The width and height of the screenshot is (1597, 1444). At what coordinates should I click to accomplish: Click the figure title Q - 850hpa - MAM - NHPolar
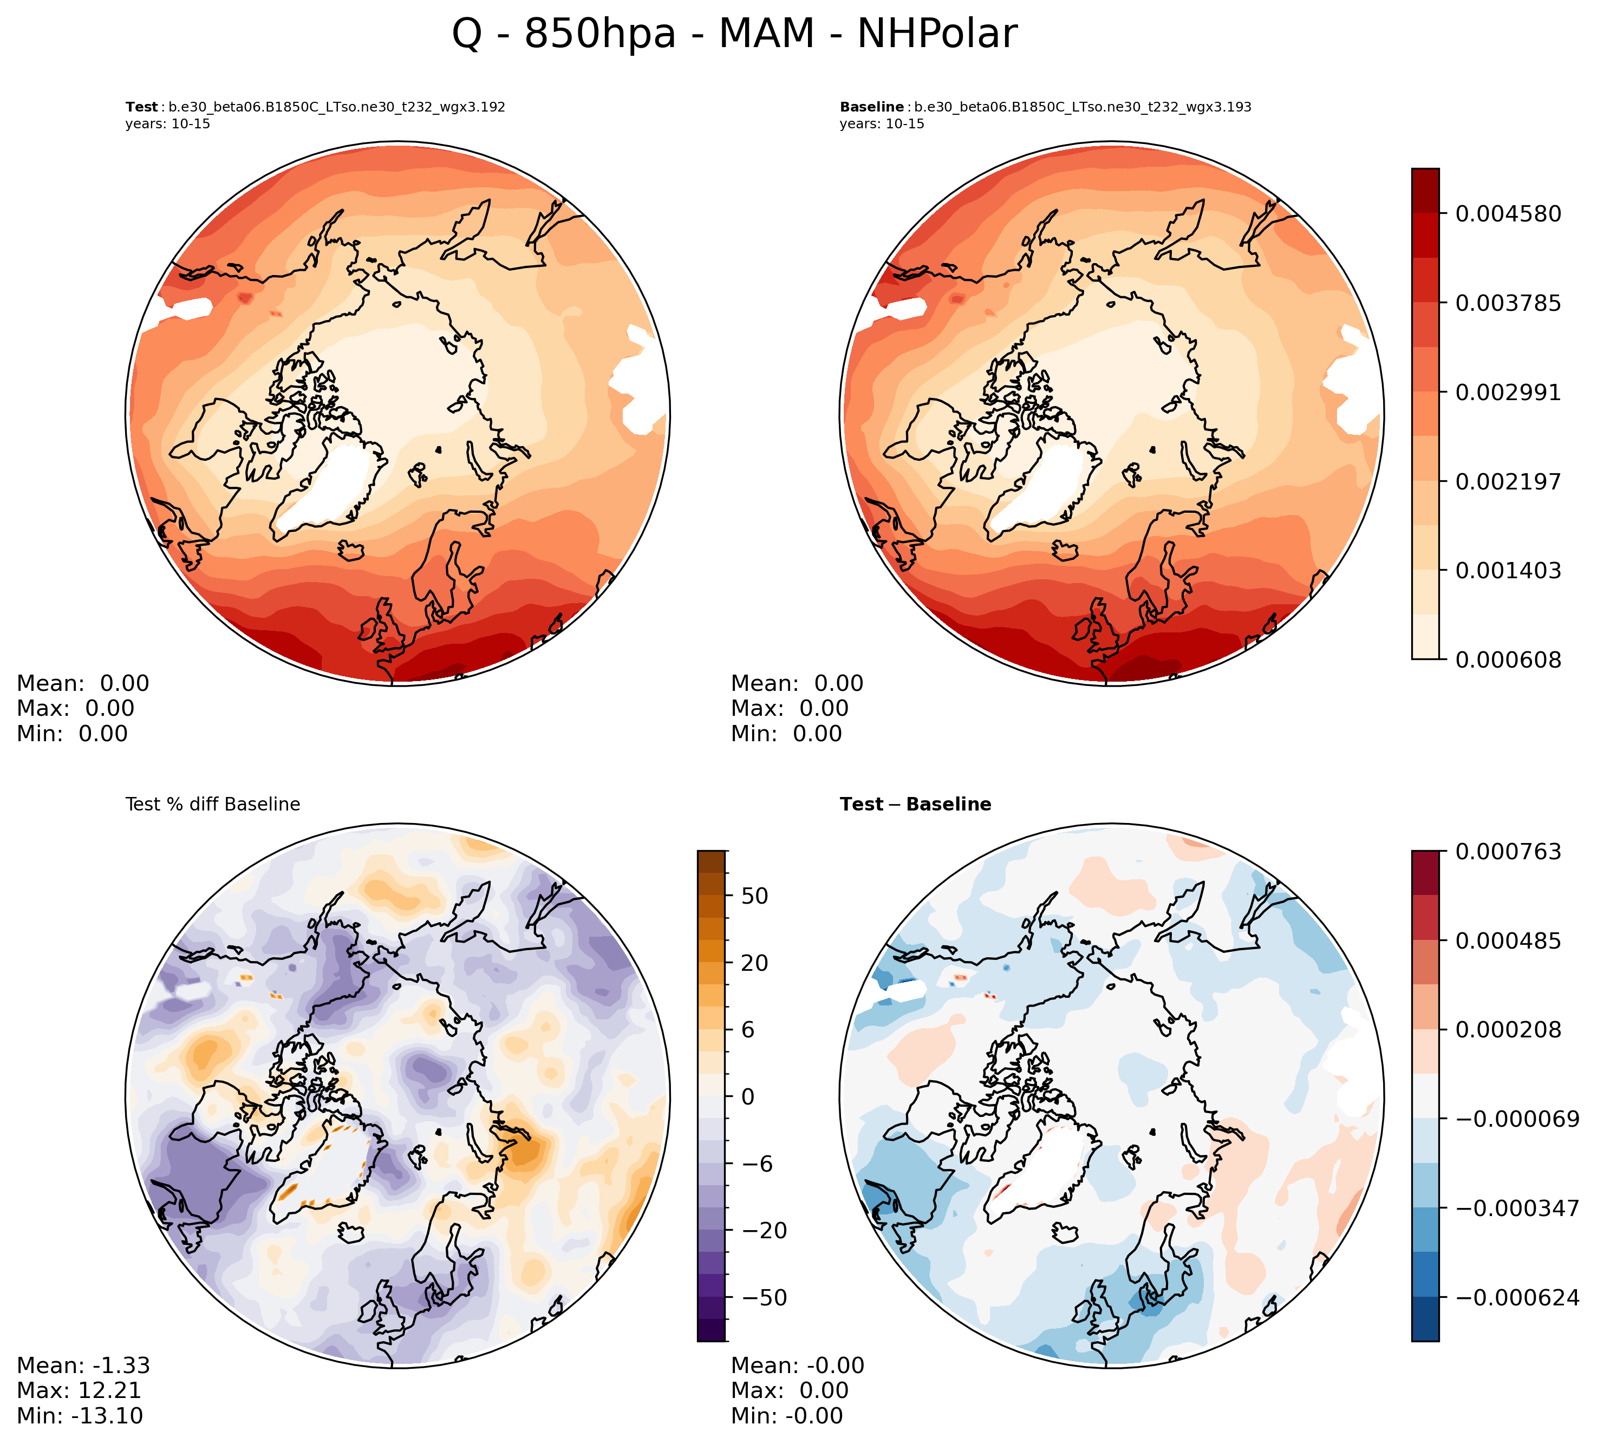tap(734, 34)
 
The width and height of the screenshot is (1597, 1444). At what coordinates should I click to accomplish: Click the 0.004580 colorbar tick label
tap(1508, 214)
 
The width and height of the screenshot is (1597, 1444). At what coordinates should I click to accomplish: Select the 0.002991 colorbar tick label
tap(1508, 392)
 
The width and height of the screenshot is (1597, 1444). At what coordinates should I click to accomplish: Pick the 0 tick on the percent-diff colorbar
tap(747, 1097)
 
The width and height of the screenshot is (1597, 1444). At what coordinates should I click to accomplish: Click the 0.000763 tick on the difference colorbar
tap(1508, 852)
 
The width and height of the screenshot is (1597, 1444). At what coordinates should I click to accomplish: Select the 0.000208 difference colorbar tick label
tap(1508, 1030)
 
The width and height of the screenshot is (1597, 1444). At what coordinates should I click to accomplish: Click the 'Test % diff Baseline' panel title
tap(212, 805)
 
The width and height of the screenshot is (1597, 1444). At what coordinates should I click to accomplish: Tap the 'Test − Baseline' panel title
tap(915, 805)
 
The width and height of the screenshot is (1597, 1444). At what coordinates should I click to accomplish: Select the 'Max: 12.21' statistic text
tap(79, 1390)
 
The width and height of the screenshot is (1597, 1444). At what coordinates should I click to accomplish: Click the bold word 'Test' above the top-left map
tap(142, 107)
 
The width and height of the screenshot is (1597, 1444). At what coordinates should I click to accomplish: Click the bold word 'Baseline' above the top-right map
tap(871, 107)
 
